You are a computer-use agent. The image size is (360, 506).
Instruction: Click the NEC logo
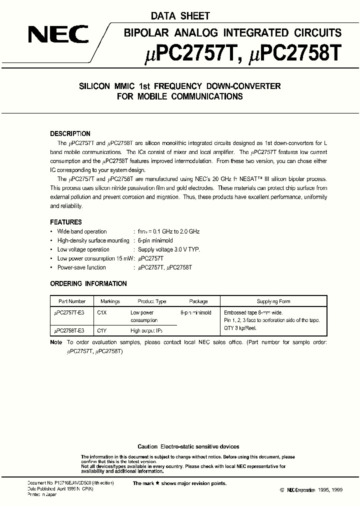click(x=58, y=35)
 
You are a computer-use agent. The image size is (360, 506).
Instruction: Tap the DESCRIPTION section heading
click(x=70, y=133)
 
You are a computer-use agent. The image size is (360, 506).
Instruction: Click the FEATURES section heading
click(x=66, y=222)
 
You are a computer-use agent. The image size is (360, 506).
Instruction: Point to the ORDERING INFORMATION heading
click(x=88, y=283)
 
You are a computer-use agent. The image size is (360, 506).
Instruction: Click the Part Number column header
click(x=72, y=301)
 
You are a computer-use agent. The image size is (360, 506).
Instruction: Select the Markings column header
click(x=110, y=301)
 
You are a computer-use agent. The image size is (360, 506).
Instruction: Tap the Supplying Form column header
click(x=273, y=301)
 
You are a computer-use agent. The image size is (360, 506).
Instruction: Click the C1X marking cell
click(x=102, y=312)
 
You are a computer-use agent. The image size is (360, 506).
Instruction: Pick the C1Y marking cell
click(x=102, y=330)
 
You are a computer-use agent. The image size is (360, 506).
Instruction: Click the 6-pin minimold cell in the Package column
click(x=196, y=312)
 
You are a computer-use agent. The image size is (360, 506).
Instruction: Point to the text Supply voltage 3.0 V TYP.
click(x=164, y=249)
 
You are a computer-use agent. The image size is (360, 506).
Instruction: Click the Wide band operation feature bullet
click(x=82, y=231)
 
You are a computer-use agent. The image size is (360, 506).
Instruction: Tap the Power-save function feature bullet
click(x=81, y=267)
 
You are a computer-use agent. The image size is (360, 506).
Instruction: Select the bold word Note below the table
click(x=56, y=342)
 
